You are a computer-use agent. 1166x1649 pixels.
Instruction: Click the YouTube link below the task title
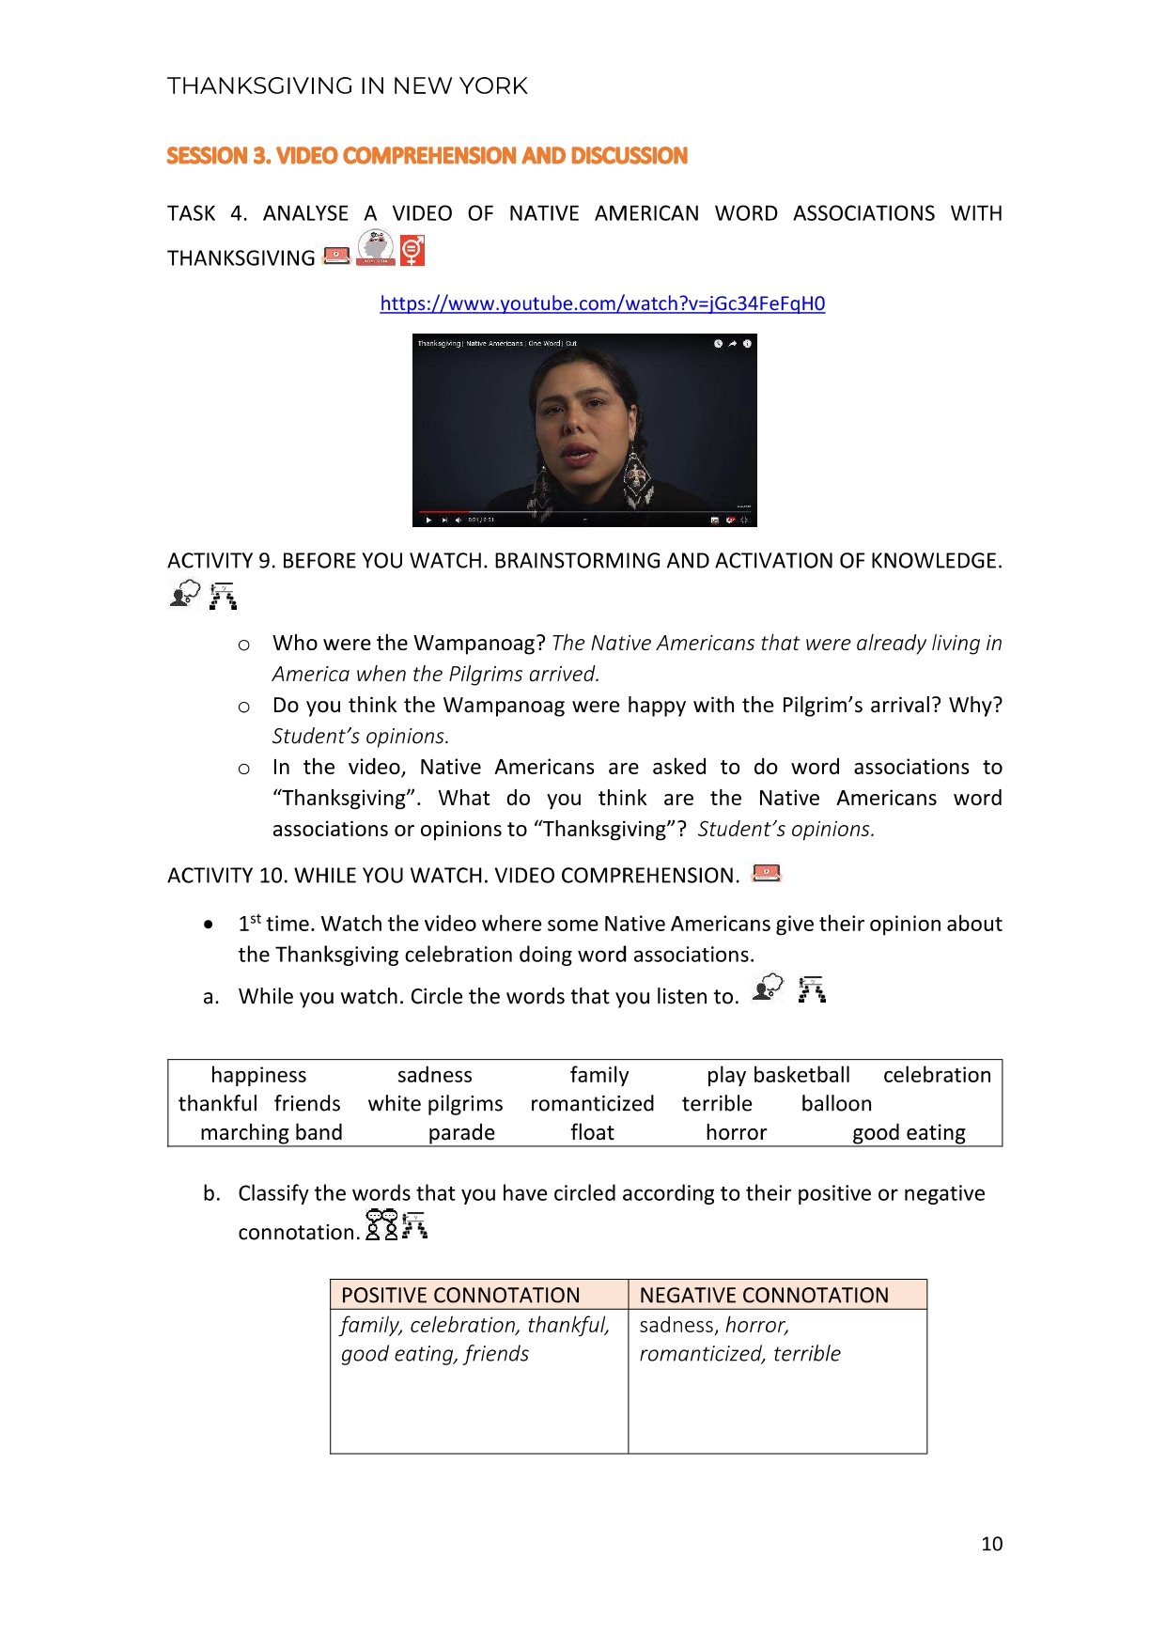602,303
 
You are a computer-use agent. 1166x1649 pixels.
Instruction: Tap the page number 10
991,1544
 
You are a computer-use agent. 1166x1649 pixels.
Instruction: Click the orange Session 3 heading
427,156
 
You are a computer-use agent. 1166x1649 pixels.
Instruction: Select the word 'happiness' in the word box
258,1075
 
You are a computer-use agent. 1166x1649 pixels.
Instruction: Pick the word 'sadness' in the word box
434,1075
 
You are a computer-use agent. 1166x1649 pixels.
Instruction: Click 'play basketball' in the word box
778,1075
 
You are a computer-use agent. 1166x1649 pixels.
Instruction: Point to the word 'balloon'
836,1104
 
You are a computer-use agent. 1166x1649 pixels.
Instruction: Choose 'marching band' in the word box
271,1133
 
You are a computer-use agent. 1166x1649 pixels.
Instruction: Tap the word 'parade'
461,1133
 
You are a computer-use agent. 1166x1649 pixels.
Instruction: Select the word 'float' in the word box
592,1133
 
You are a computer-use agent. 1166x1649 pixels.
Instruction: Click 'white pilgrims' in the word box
435,1104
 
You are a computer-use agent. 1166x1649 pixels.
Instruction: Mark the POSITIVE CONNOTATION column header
460,1295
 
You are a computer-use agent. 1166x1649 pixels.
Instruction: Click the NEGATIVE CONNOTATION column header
764,1295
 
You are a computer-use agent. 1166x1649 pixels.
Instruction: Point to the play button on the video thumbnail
428,520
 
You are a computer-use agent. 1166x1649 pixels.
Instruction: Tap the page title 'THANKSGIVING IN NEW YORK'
348,86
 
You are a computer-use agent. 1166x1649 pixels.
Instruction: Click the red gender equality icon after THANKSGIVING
412,251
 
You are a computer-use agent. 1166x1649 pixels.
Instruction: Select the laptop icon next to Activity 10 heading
767,873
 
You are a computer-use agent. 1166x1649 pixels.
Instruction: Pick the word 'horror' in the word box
736,1133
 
